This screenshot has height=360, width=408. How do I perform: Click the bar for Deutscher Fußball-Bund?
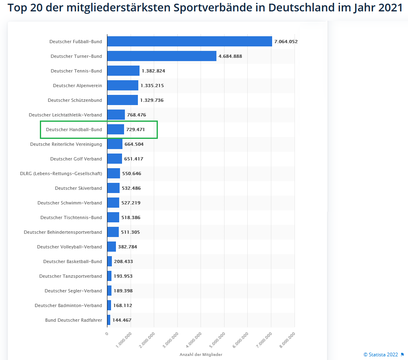pyautogui.click(x=190, y=42)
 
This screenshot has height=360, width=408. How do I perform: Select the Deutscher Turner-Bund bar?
pyautogui.click(x=161, y=56)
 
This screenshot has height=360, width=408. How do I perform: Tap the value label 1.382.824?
pyautogui.click(x=153, y=71)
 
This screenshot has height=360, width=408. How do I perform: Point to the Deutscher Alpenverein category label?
pyautogui.click(x=77, y=86)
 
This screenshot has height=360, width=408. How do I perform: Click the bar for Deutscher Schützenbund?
pyautogui.click(x=122, y=100)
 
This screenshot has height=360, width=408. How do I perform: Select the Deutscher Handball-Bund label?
pyautogui.click(x=74, y=130)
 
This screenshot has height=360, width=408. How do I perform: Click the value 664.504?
pyautogui.click(x=134, y=144)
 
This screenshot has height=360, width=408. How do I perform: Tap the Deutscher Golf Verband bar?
pyautogui.click(x=114, y=159)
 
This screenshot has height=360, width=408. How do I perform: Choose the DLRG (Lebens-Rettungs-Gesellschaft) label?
pyautogui.click(x=61, y=173)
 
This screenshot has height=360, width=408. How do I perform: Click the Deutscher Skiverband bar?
pyautogui.click(x=113, y=188)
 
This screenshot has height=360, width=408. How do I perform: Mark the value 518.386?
pyautogui.click(x=131, y=217)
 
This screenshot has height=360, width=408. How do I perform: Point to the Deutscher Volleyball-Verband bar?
pyautogui.click(x=111, y=247)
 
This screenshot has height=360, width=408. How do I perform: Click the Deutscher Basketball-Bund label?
pyautogui.click(x=72, y=261)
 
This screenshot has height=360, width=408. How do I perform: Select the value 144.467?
pyautogui.click(x=122, y=320)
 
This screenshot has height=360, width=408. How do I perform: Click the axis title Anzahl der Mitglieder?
pyautogui.click(x=201, y=355)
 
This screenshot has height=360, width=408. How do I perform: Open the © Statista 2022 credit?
pyautogui.click(x=381, y=355)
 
